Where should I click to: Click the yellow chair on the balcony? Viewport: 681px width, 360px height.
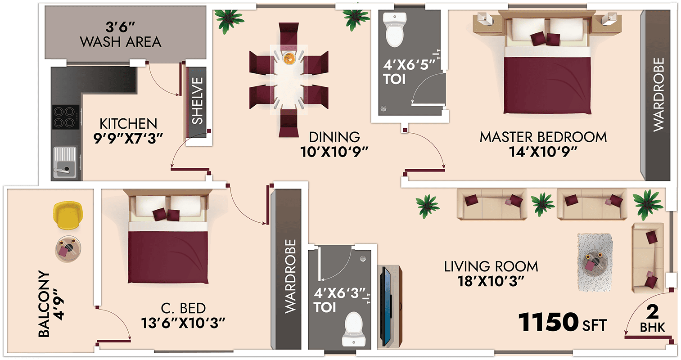(x=68, y=215)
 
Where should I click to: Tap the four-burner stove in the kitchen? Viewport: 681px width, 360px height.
(x=66, y=117)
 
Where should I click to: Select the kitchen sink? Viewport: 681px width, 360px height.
(x=65, y=162)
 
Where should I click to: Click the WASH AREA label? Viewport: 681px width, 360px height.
(x=120, y=42)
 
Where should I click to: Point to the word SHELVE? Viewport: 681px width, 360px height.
(x=198, y=101)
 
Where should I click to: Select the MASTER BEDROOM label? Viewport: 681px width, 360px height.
(x=543, y=137)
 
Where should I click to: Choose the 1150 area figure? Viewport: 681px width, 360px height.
(x=548, y=322)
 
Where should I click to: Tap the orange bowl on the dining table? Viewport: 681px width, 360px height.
(x=289, y=58)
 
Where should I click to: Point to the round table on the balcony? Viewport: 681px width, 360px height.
(x=68, y=249)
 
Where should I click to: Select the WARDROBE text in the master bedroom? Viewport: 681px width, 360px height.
(x=658, y=94)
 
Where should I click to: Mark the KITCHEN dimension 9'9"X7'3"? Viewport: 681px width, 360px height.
(x=128, y=138)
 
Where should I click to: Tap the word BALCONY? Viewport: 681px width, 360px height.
(x=44, y=304)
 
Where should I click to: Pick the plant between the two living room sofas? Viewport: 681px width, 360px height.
(x=543, y=204)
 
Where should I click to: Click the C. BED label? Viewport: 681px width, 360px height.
(x=183, y=308)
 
